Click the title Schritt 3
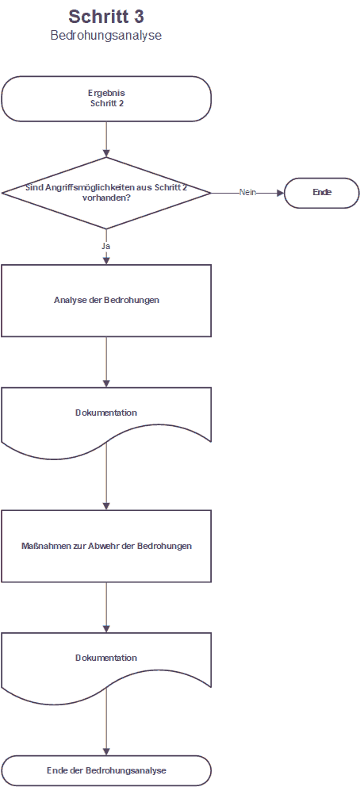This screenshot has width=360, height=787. pos(106,17)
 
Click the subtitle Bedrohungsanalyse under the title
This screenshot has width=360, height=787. pos(105,36)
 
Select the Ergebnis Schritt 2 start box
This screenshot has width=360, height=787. pos(106,99)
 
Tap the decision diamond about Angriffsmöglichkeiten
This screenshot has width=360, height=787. pos(106,193)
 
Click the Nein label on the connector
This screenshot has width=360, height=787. pos(247,193)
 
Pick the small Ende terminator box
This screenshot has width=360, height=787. pos(322,193)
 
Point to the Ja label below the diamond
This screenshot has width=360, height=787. pos(105,247)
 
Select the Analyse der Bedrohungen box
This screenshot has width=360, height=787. pos(106,301)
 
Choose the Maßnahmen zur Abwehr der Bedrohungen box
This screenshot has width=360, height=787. pos(106,546)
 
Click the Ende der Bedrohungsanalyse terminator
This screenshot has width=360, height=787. pos(106,770)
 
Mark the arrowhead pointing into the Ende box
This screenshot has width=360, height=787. pos(280,193)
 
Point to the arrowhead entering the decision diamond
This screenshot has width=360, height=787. pos(106,154)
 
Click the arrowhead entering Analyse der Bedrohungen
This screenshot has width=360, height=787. pos(106,260)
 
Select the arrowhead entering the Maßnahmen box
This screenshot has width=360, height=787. pos(106,506)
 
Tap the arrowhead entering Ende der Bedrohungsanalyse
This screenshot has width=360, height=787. pos(106,751)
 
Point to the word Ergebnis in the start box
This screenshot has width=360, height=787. pos(106,94)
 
